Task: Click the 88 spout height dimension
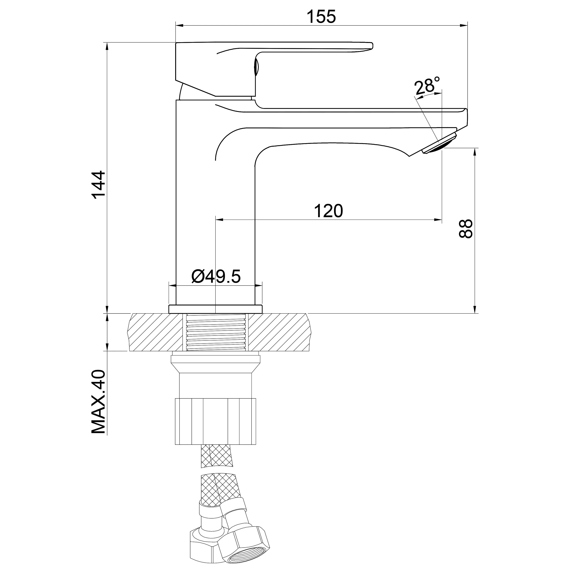click(x=465, y=228)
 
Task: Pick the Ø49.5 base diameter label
click(x=216, y=276)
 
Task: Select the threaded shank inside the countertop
click(x=216, y=332)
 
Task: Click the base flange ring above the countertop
click(x=215, y=309)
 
